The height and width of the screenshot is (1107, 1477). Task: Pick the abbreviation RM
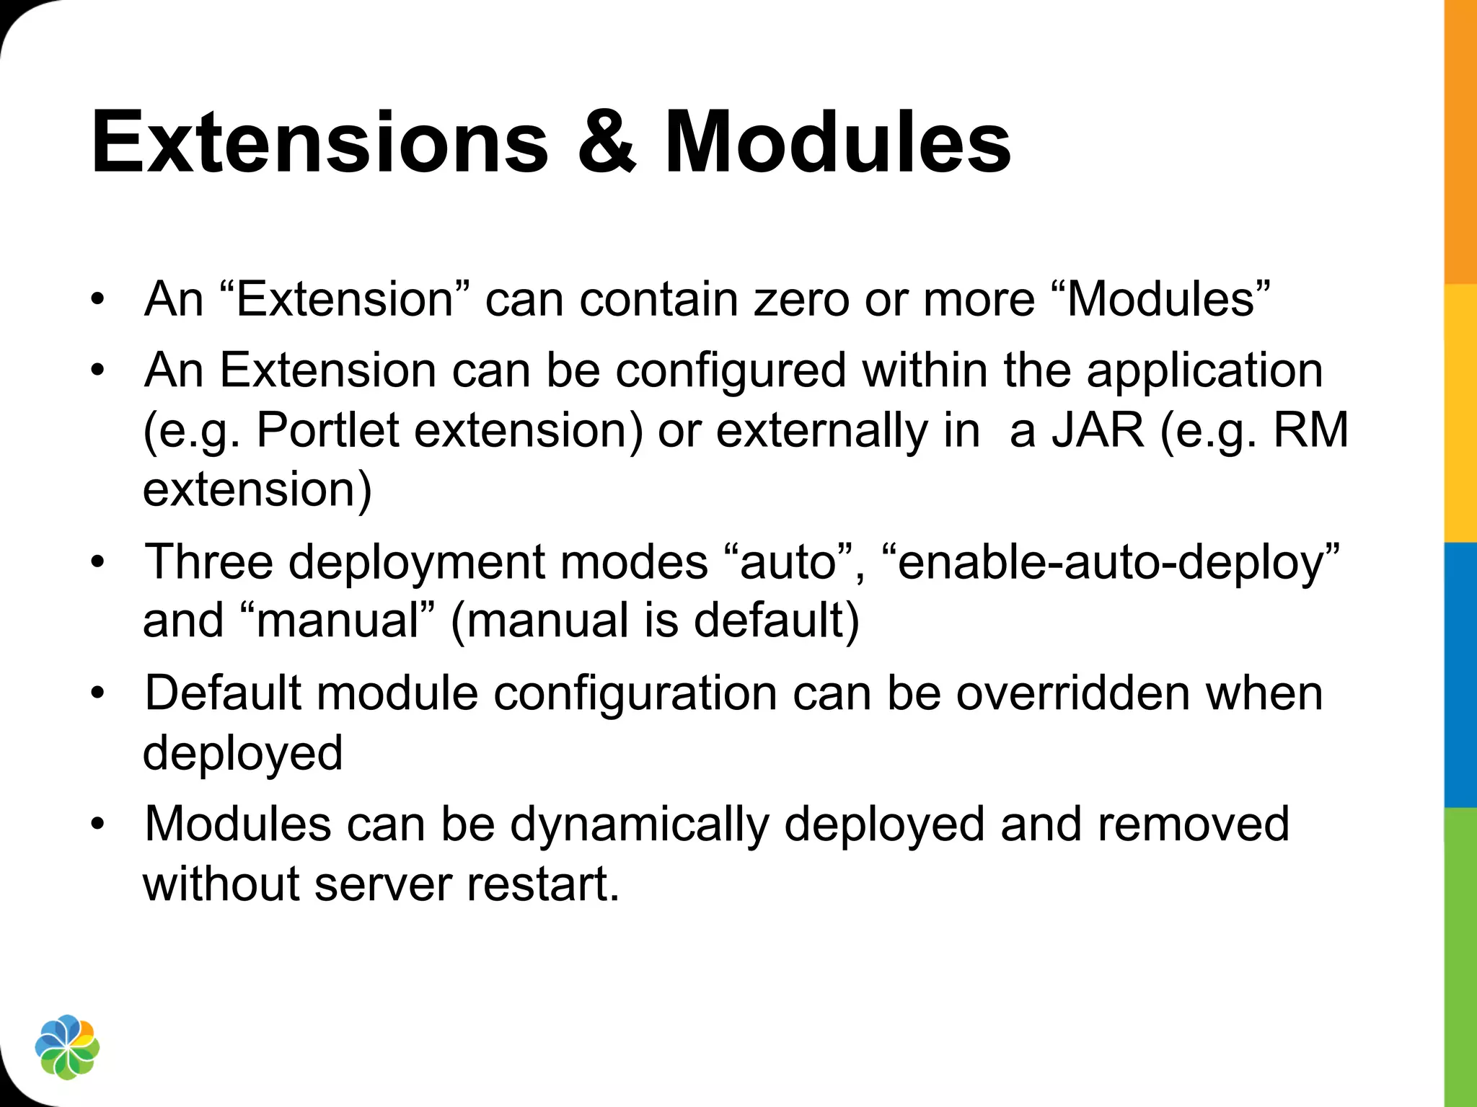(x=1310, y=430)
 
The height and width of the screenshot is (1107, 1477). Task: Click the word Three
(x=209, y=561)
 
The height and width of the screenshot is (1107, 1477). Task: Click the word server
(x=383, y=884)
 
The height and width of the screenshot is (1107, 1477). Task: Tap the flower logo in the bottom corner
(x=67, y=1047)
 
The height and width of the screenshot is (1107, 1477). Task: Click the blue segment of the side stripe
(x=1460, y=674)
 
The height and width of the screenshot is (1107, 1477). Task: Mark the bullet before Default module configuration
(x=98, y=693)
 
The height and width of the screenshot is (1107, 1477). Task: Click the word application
(x=1204, y=371)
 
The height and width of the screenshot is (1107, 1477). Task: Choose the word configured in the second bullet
(x=730, y=371)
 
